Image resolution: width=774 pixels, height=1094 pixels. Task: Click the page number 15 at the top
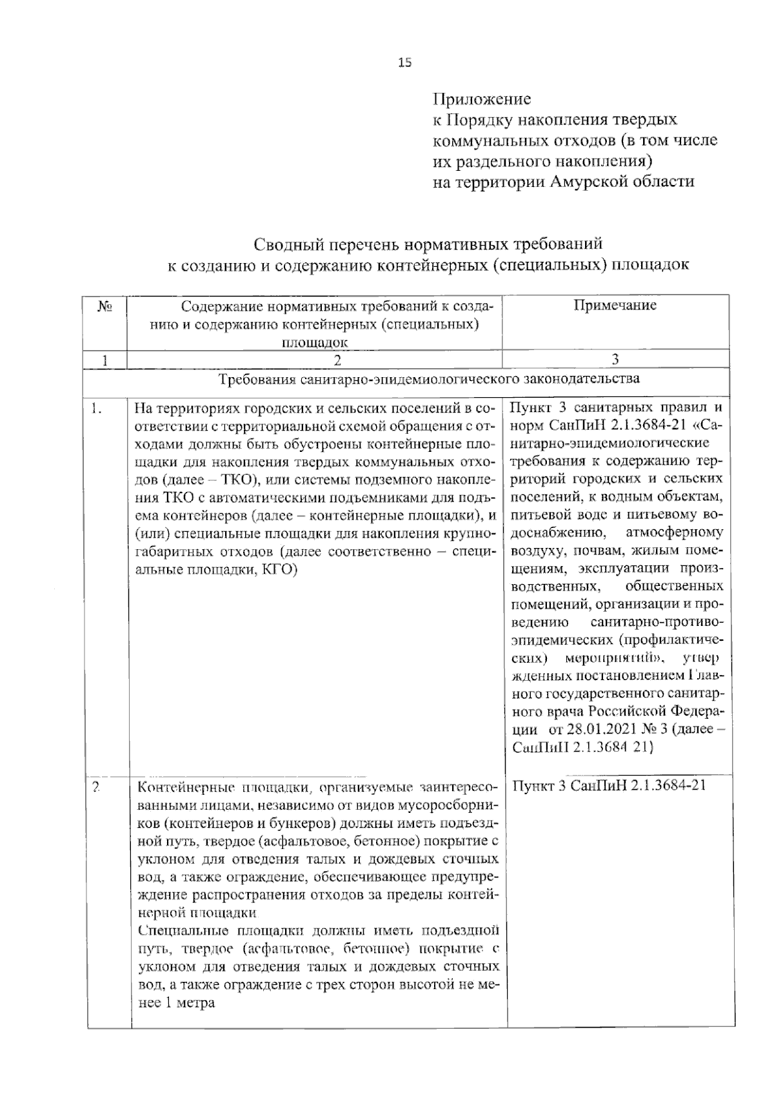click(404, 63)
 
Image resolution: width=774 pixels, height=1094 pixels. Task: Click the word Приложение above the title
click(481, 99)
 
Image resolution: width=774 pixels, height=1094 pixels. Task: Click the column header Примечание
click(615, 306)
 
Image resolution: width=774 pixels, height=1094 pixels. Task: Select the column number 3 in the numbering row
click(615, 360)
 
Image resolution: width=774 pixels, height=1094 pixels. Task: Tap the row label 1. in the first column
click(97, 408)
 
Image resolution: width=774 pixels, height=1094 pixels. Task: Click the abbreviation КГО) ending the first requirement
click(281, 570)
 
